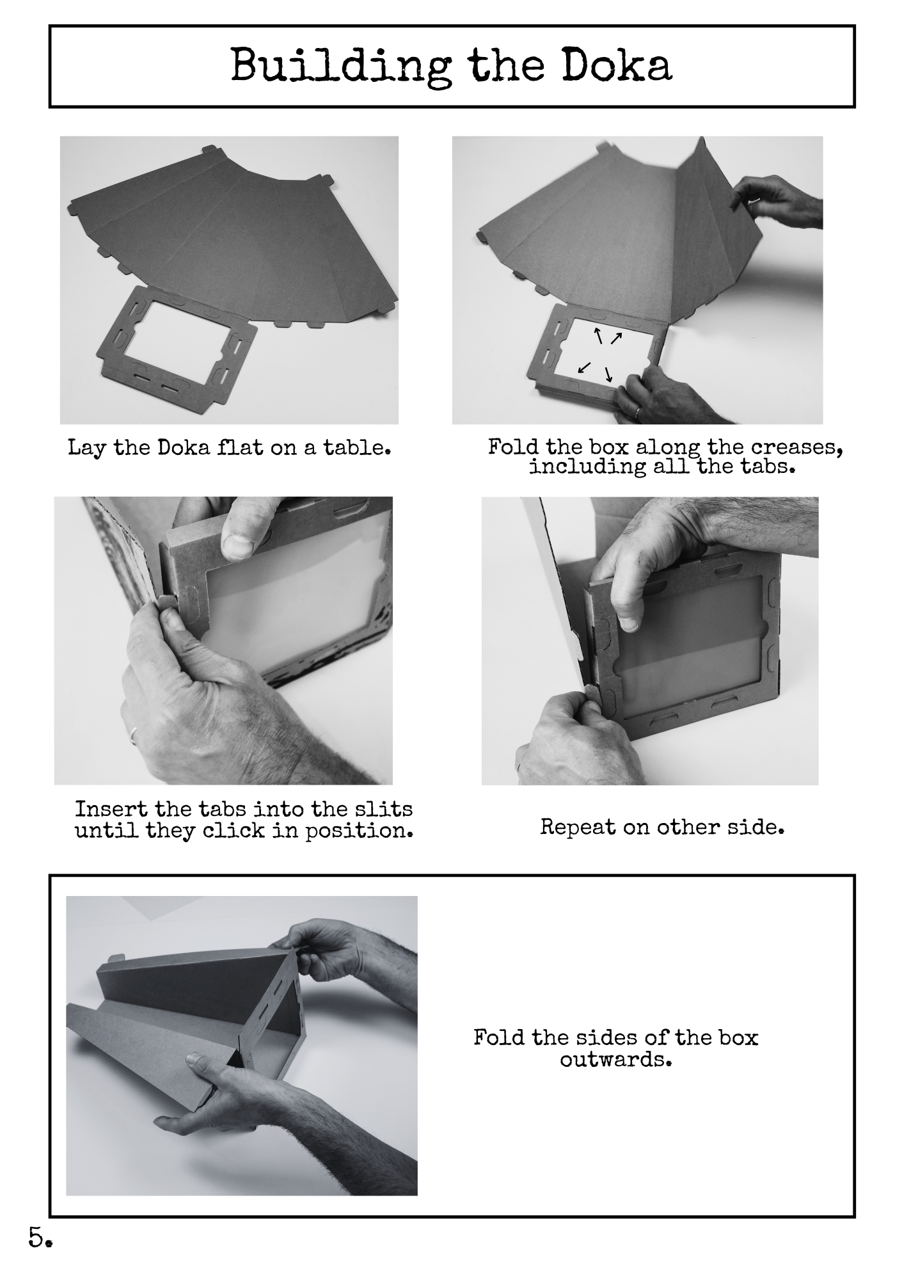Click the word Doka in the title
click(617, 65)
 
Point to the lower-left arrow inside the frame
click(584, 367)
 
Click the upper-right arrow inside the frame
click(615, 337)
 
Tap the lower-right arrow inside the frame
click(608, 374)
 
